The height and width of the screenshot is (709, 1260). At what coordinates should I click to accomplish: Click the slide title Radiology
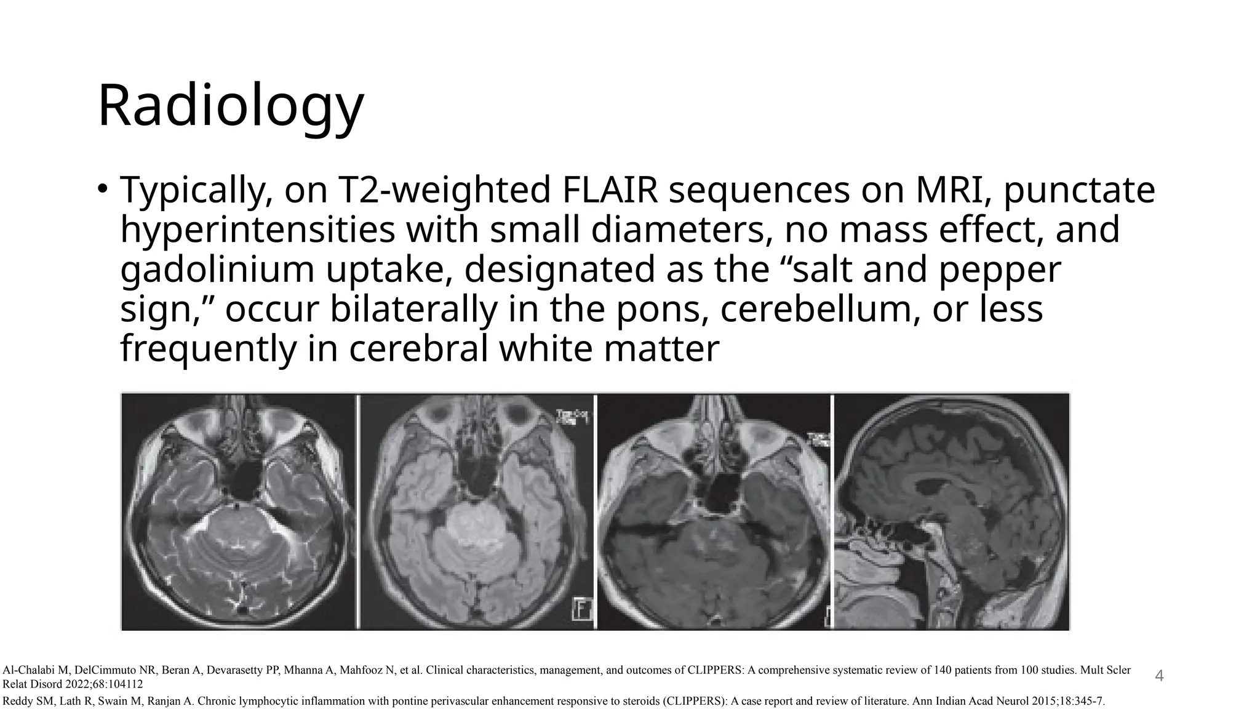231,106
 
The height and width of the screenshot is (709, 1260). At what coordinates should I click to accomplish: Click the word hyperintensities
258,230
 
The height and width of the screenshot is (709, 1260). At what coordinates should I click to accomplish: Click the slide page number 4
1159,676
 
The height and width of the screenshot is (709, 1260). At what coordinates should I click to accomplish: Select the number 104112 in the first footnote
122,684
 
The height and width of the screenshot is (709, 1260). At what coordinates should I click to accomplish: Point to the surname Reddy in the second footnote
16,700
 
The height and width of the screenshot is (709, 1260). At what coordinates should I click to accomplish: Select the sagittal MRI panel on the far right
952,511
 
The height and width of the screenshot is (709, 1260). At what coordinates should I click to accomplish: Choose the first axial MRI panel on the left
239,511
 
